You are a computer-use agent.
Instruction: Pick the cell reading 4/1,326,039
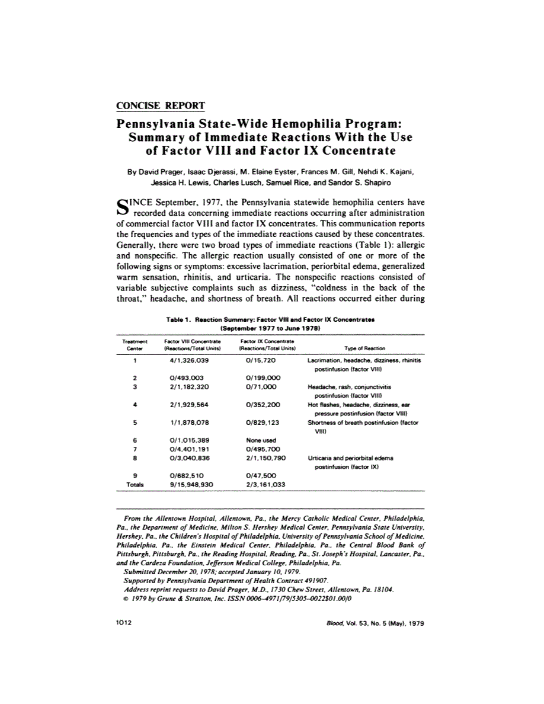[188, 360]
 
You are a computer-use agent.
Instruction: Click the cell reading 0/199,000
[263, 377]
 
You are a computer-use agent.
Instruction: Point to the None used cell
[258, 440]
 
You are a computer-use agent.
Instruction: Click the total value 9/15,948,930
[191, 484]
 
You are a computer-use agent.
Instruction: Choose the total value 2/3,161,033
[265, 484]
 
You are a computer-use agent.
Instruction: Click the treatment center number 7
[135, 449]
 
